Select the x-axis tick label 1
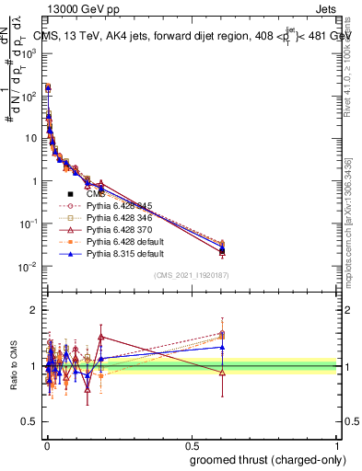(339, 445)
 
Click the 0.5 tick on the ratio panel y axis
(30, 422)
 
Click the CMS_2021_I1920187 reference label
(192, 276)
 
